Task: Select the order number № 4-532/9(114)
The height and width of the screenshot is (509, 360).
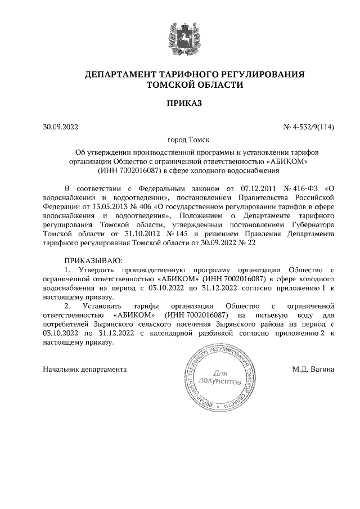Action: (x=308, y=127)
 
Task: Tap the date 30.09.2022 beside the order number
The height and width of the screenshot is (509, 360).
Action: (x=60, y=127)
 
